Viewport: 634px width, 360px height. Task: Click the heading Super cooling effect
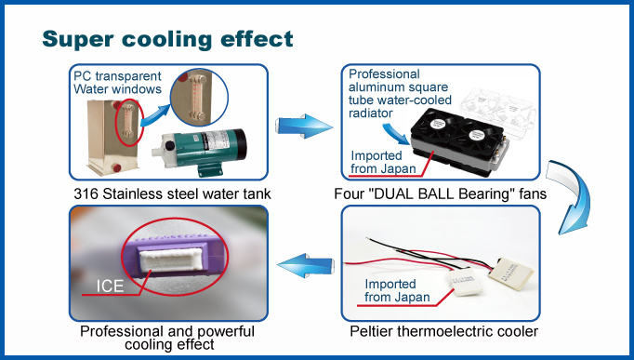tap(167, 40)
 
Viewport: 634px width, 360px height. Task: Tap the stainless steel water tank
tap(113, 138)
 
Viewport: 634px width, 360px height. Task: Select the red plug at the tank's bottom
tap(117, 167)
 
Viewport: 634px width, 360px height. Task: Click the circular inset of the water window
tap(199, 98)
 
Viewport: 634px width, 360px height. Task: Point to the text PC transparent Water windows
tap(117, 83)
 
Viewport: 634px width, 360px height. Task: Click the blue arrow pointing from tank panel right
tap(304, 127)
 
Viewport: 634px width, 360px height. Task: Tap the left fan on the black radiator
tap(436, 124)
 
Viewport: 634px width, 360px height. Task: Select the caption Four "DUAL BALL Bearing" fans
tap(441, 194)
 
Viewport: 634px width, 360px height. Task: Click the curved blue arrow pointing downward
tap(571, 196)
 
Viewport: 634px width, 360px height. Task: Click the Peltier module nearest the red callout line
tap(466, 282)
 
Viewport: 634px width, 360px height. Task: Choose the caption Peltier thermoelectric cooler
tap(444, 332)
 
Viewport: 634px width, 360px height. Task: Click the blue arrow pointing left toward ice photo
tap(306, 265)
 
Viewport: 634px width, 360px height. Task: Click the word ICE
tap(110, 287)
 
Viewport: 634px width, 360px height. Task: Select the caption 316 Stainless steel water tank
tap(172, 194)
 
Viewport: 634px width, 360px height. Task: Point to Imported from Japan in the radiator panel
tap(383, 162)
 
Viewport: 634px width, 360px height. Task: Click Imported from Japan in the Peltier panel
tap(397, 290)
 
